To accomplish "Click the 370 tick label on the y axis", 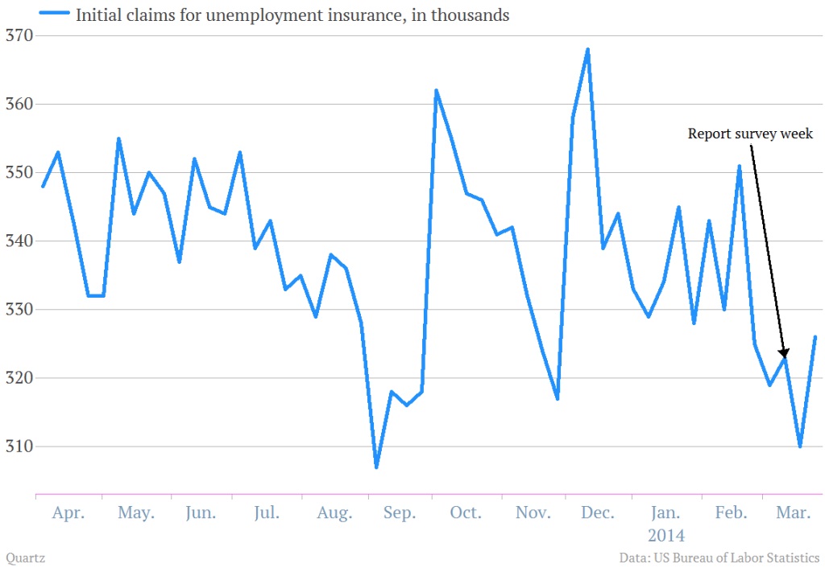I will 18,35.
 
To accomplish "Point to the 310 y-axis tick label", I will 18,446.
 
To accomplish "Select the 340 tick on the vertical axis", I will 18,241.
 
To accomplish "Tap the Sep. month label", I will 400,513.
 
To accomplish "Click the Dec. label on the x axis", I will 598,513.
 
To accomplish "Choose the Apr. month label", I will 68,513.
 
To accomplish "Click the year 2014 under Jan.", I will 665,534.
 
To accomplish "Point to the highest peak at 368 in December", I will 588,50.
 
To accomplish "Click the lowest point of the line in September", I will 376,467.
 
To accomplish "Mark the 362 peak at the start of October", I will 437,90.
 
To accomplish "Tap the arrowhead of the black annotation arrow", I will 783,352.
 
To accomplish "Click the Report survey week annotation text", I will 750,134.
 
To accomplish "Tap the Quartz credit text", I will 24,557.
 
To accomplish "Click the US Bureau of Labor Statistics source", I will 740,557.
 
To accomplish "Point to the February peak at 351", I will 739,167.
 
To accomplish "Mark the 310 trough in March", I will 800,446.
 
